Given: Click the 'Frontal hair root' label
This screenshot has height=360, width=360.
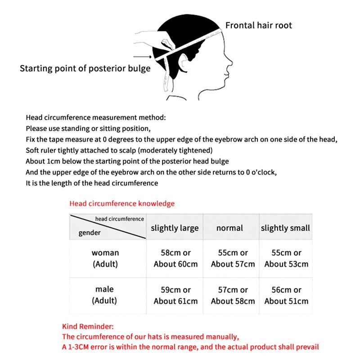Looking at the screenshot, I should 258,25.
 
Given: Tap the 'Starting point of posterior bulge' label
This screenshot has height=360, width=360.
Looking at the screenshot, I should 85,69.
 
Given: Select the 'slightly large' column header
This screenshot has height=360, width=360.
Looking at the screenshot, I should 175,228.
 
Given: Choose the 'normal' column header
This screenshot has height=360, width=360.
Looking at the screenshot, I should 229,228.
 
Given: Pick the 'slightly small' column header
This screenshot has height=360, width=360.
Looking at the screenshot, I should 285,228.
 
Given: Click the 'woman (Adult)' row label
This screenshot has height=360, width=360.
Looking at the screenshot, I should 105,258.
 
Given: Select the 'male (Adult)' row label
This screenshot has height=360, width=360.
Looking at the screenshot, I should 105,295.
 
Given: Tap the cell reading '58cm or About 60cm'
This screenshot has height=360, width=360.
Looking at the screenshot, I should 175,258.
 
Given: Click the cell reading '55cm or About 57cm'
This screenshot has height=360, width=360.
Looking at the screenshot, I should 232,258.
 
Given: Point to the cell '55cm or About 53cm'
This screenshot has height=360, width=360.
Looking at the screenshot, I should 286,258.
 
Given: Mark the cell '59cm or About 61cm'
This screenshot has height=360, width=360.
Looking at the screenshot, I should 175,295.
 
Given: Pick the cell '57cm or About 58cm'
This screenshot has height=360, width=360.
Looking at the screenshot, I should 232,295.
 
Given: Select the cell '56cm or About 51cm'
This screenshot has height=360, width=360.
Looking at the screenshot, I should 286,295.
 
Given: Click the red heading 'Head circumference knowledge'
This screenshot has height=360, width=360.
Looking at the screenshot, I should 122,203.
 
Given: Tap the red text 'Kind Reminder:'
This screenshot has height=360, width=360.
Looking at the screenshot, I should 88,326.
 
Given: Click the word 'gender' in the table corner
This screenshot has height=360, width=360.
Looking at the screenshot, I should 90,233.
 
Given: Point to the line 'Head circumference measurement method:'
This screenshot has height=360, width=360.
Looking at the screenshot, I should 96,118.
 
